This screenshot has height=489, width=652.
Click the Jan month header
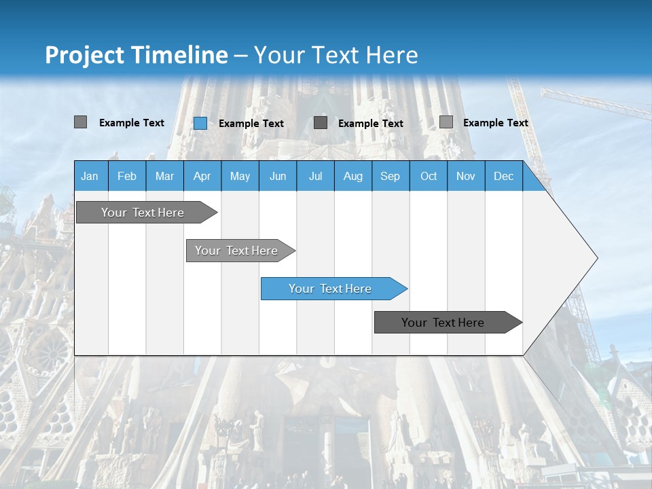(90, 176)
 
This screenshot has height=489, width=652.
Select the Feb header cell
(127, 176)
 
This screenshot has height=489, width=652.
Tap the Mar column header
(164, 176)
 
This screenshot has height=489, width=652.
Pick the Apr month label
(202, 176)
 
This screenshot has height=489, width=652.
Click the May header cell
(240, 176)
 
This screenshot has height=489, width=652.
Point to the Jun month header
(278, 176)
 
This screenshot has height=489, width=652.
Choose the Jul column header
(315, 176)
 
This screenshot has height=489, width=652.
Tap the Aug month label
(353, 176)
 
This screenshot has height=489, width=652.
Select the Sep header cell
(391, 176)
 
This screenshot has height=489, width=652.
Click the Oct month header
(429, 176)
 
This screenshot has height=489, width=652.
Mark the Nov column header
(466, 176)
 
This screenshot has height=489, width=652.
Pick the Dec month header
(504, 176)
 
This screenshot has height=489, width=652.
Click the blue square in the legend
(200, 123)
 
